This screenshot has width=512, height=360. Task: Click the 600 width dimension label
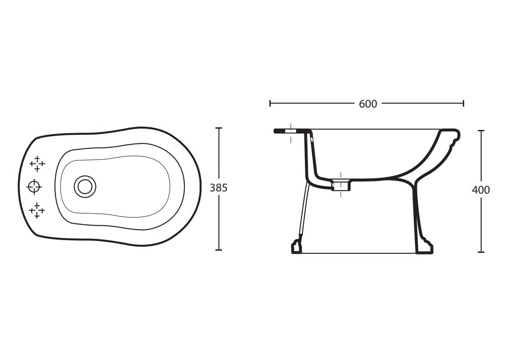[368, 104]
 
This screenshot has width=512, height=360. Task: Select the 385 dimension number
[219, 188]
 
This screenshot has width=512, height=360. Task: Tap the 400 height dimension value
[481, 190]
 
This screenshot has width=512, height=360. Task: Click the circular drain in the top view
[84, 186]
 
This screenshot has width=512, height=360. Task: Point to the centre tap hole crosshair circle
[34, 187]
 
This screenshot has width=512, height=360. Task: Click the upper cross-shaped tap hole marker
[37, 163]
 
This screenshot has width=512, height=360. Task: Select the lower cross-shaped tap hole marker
[37, 211]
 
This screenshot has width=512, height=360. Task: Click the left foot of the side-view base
[297, 247]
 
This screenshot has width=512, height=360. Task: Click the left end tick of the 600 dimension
[270, 104]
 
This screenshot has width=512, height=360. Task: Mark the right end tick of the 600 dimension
[464, 104]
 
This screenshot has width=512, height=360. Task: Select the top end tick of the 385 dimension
[218, 128]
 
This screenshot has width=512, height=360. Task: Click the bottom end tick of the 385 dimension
[218, 250]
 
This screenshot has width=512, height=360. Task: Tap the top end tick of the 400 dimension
[481, 130]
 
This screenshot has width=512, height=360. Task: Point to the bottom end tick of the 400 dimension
[481, 252]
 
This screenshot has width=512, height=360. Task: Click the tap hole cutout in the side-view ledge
[290, 131]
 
